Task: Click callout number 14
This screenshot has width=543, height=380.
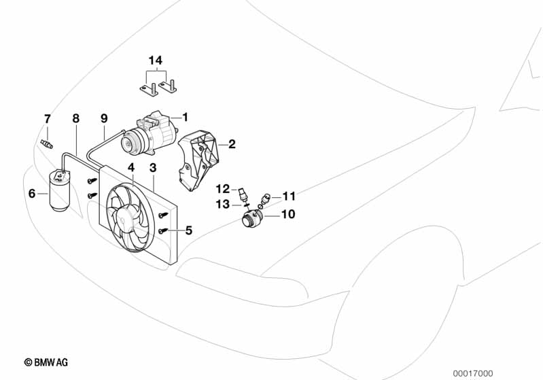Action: tap(155, 61)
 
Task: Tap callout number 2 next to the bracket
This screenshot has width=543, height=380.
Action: tap(232, 144)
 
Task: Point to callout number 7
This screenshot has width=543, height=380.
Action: tap(47, 119)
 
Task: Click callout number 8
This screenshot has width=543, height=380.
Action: tap(75, 118)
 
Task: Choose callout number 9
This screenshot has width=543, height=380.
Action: tap(104, 118)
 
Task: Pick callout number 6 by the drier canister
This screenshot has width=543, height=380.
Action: tap(32, 194)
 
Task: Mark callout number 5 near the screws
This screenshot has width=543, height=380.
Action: tap(188, 230)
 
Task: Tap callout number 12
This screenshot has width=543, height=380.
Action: tap(223, 188)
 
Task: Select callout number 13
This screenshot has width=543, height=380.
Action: tap(223, 203)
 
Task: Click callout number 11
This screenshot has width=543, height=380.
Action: tap(290, 196)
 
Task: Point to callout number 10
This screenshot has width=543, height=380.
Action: tap(288, 214)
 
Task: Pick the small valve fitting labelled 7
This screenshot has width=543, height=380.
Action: tap(47, 144)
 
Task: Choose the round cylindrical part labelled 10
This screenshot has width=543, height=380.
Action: tap(253, 220)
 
